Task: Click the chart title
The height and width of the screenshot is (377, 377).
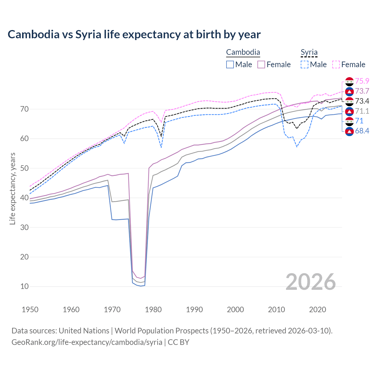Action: tap(134, 34)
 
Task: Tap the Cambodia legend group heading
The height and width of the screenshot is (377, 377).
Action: tap(243, 52)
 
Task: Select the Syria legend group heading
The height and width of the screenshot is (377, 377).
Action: tap(309, 52)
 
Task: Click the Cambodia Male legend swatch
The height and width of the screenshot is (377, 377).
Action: tap(230, 65)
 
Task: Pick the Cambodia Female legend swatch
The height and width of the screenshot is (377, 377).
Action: tap(261, 65)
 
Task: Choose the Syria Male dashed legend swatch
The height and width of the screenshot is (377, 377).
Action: tap(305, 65)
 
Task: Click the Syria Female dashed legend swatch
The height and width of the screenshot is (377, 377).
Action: tap(336, 65)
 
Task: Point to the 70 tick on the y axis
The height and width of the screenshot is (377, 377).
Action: tap(24, 109)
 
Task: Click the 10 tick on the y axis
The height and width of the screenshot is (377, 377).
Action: tap(24, 286)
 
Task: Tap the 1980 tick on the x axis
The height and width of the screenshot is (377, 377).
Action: tap(153, 310)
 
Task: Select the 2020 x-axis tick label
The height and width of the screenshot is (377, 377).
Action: tap(318, 310)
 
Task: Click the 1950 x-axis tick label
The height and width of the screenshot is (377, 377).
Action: tap(30, 310)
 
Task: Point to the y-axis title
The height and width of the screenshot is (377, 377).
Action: tap(12, 188)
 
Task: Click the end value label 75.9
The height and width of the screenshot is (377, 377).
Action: tap(362, 81)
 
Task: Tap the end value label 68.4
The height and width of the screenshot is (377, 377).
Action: tap(362, 131)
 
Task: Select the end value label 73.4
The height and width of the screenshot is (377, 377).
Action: tap(362, 101)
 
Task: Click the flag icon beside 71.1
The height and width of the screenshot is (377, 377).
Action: tap(349, 111)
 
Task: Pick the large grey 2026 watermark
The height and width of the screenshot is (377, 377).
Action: tap(311, 282)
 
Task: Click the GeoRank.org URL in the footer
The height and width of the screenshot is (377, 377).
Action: tap(87, 342)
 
